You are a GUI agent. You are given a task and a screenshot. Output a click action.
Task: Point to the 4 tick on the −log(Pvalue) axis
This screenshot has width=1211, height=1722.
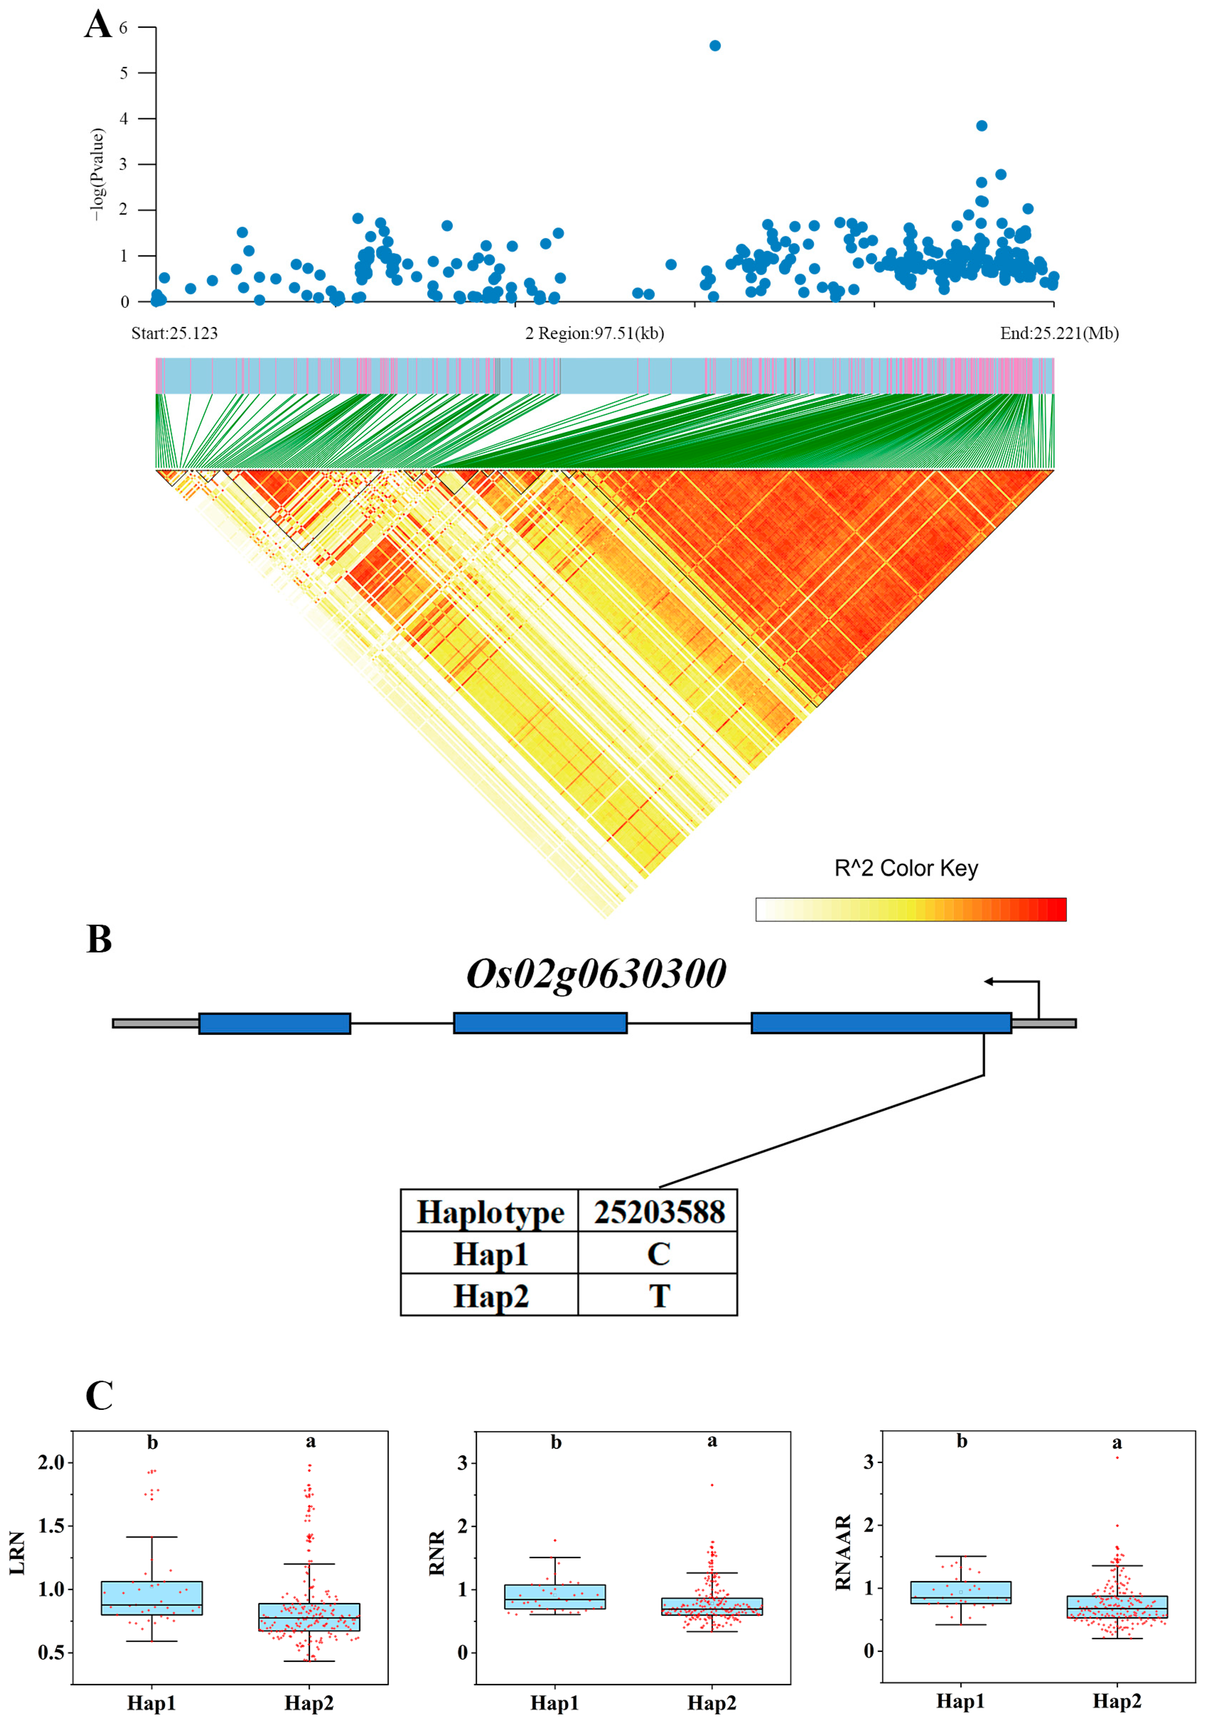[x=124, y=119]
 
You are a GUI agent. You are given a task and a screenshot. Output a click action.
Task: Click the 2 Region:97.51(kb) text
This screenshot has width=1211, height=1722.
[x=594, y=333]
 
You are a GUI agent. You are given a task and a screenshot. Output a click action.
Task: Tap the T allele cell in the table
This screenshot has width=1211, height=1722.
[x=659, y=1296]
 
